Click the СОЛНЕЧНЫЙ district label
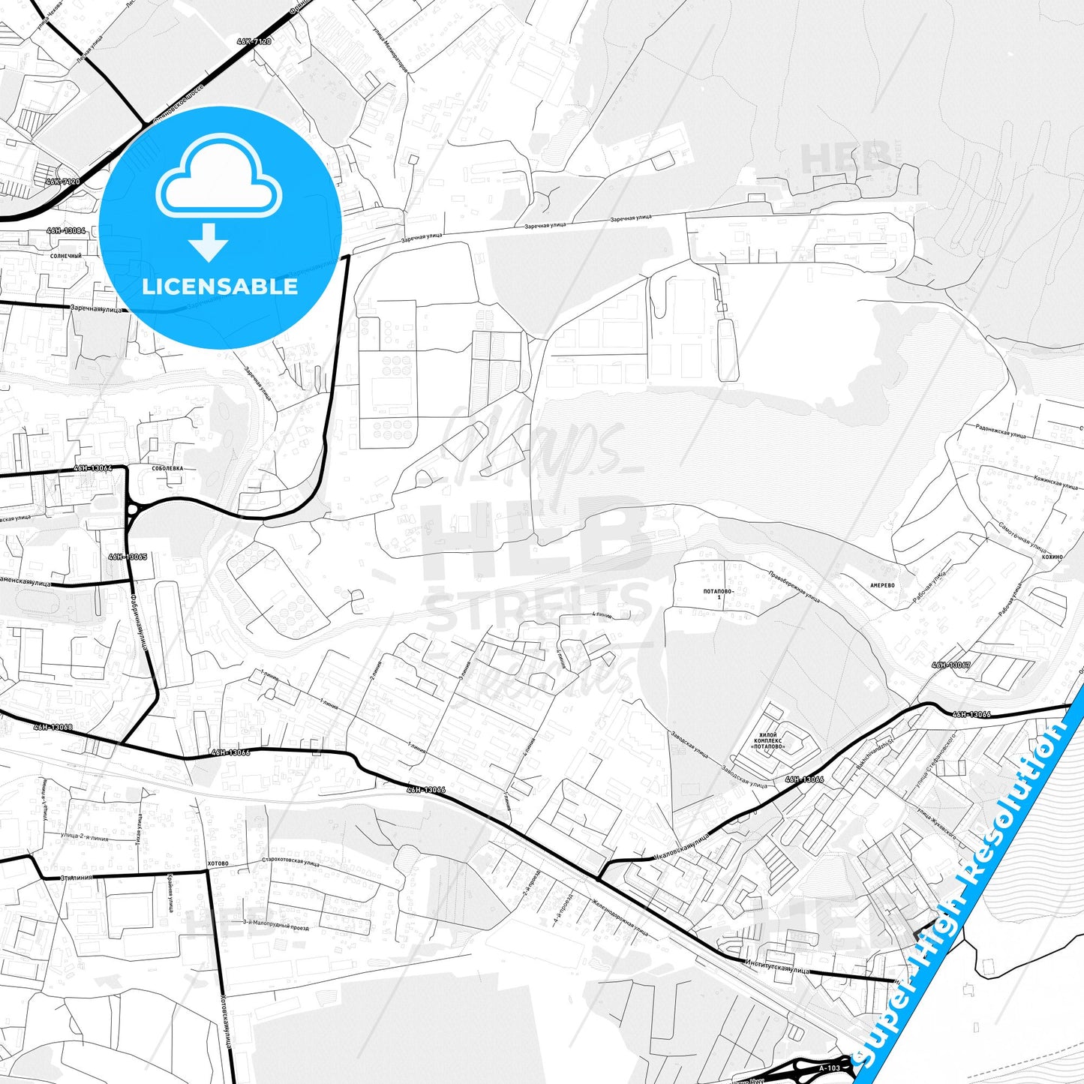(x=66, y=256)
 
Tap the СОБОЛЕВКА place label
(x=167, y=468)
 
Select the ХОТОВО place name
(x=218, y=863)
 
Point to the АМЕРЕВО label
(x=882, y=585)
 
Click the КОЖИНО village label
(x=1052, y=557)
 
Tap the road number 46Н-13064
(x=93, y=468)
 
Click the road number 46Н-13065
(x=128, y=557)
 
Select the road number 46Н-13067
(x=951, y=665)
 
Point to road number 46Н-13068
(x=53, y=727)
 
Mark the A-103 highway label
(x=830, y=1067)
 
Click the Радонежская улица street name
(x=1000, y=431)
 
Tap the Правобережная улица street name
(x=794, y=585)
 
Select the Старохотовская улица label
(x=290, y=863)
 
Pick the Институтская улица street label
(x=777, y=968)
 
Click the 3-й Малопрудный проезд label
(x=276, y=925)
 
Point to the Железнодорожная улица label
(x=620, y=917)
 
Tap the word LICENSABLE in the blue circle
(x=219, y=287)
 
